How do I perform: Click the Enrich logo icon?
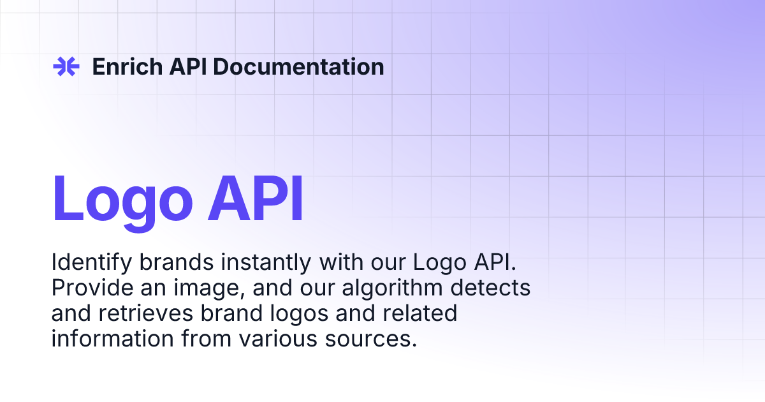[x=65, y=66]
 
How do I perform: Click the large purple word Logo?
[x=122, y=199]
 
